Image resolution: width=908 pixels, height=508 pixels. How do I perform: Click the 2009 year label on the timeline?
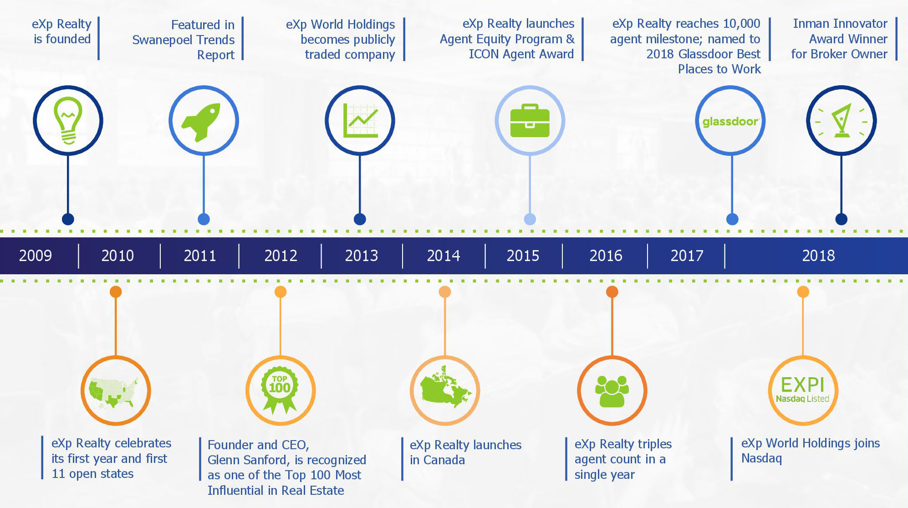point(36,256)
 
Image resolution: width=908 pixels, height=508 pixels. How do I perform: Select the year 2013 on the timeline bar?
point(362,256)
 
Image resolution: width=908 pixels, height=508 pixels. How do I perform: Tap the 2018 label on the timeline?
point(818,256)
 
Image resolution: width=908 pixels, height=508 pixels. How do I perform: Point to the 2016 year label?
point(606,256)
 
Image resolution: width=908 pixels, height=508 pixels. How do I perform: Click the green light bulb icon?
point(68,121)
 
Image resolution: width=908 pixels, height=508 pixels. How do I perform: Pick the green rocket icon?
point(201,122)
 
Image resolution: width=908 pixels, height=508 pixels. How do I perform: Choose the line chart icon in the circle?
point(360,121)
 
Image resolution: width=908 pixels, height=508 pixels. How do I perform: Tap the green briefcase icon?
point(530,121)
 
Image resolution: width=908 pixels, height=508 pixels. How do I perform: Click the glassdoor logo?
point(730,122)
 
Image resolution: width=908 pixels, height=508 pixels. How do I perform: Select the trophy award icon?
point(842,121)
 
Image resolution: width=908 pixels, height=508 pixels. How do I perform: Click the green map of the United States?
point(114,392)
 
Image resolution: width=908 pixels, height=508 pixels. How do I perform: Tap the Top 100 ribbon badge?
point(280,390)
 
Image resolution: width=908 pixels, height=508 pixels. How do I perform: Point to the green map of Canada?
point(445,387)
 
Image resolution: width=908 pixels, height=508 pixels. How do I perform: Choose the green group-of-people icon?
point(612,391)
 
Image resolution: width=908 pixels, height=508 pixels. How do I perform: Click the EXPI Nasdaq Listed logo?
point(802,390)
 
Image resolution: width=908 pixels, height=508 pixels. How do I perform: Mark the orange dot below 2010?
point(116,292)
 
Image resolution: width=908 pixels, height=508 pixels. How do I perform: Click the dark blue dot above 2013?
point(360,219)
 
